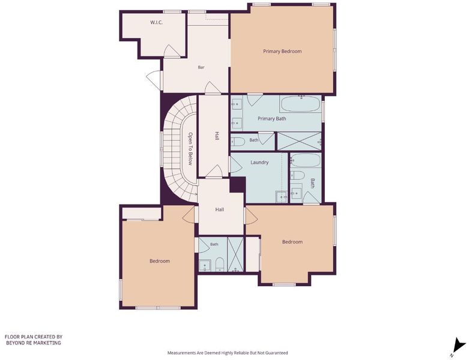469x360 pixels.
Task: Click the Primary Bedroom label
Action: [x=282, y=52]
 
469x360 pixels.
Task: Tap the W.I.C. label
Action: [x=156, y=22]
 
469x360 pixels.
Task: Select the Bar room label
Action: [x=201, y=68]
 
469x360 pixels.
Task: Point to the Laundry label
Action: [x=259, y=163]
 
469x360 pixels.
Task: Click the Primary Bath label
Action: [x=271, y=119]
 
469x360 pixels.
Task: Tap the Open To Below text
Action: [x=190, y=149]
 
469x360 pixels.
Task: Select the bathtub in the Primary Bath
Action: [x=300, y=104]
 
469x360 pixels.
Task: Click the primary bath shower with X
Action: [x=300, y=141]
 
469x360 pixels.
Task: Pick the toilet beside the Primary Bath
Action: [x=238, y=141]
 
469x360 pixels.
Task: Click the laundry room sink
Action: [x=282, y=197]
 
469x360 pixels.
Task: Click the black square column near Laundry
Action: [x=237, y=185]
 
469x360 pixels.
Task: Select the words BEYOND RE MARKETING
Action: [x=34, y=343]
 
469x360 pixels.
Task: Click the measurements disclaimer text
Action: [x=228, y=353]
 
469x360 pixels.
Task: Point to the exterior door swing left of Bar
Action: [x=154, y=79]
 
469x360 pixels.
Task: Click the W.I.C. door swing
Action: [x=172, y=51]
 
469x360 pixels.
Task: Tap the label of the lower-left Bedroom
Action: [x=160, y=261]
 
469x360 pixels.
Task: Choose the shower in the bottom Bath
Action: [x=235, y=254]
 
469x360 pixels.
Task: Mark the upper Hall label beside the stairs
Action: [x=217, y=136]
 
